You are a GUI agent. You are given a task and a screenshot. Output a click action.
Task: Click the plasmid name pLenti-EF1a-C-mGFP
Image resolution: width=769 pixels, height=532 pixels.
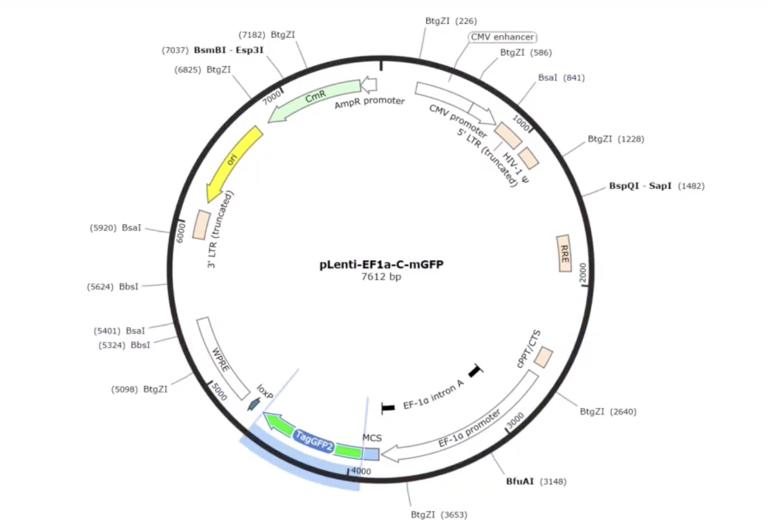[381, 264]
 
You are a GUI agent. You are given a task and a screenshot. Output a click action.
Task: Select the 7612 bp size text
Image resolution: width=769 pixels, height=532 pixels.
[381, 276]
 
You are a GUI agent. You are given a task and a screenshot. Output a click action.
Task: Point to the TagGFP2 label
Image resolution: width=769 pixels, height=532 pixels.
[314, 440]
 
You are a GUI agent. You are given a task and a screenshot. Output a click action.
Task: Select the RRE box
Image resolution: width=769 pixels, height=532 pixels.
[564, 253]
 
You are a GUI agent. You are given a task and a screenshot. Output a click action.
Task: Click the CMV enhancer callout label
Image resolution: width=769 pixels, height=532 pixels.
[502, 37]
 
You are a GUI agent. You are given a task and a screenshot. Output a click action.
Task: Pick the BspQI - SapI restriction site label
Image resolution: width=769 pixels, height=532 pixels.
[640, 186]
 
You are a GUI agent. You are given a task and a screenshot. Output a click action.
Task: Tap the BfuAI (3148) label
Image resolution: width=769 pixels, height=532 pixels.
[536, 481]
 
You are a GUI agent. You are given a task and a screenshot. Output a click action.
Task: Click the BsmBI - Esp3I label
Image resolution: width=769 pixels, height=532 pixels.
[229, 50]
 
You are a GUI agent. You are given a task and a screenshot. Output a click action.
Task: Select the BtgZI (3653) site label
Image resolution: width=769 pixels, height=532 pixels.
[439, 515]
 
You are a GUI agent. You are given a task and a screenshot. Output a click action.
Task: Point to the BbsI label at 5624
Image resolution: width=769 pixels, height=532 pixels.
[128, 287]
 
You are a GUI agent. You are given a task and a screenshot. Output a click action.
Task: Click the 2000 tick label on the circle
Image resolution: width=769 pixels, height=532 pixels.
[583, 273]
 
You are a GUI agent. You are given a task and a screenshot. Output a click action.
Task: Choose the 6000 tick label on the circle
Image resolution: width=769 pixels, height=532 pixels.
[180, 232]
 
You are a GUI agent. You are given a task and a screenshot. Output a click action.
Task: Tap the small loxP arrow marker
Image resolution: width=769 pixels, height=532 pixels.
[254, 404]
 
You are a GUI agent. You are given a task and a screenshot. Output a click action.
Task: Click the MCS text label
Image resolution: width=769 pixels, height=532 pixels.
[372, 438]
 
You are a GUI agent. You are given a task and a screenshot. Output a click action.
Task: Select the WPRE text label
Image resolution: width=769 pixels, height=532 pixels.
[221, 360]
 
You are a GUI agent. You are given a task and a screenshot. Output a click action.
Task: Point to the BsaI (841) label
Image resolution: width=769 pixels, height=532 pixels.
[561, 77]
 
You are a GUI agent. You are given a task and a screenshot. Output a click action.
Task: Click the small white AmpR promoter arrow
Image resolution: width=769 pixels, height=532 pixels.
[369, 85]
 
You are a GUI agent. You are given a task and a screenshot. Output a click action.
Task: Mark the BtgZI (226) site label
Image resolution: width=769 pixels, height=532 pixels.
[451, 21]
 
